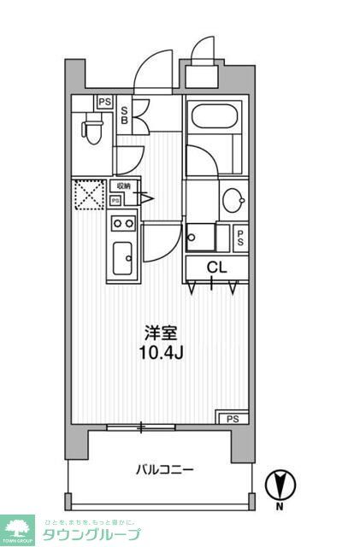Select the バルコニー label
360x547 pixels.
pos(165,469)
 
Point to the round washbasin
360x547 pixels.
pos(232,202)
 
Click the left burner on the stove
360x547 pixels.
pos(117,224)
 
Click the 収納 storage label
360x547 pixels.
pos(124,185)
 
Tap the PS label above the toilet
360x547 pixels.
pos(104,101)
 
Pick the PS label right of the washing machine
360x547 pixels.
pos(242,238)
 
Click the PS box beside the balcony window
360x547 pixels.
pos(232,418)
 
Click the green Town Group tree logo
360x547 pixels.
pos(17,531)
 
